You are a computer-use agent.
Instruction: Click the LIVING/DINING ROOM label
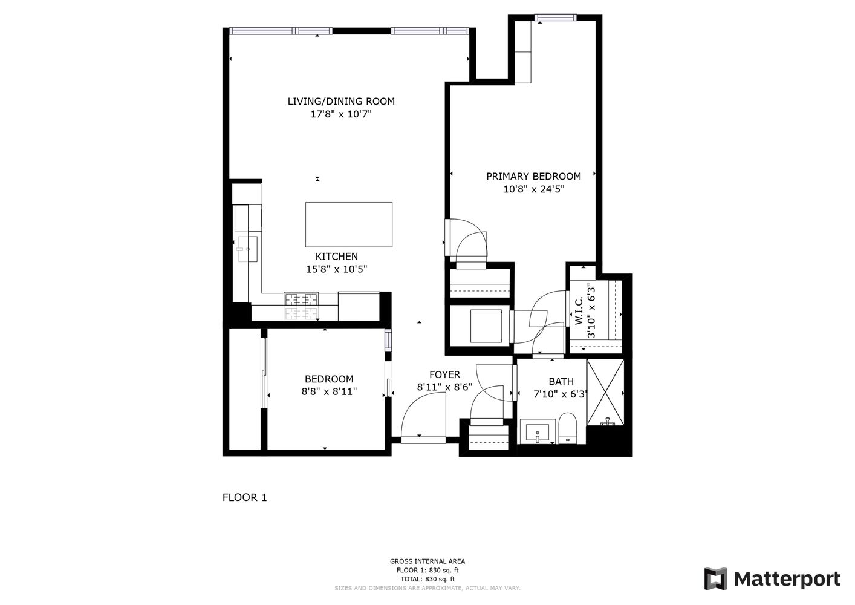click(x=340, y=101)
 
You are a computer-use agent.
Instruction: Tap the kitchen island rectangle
click(x=348, y=224)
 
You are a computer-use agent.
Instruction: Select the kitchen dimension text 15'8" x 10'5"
click(x=336, y=269)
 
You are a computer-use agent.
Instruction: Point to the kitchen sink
click(x=247, y=249)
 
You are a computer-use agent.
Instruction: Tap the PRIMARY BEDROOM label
click(x=533, y=176)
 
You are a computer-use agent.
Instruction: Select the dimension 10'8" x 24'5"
click(x=533, y=189)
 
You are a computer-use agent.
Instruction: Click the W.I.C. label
click(x=579, y=311)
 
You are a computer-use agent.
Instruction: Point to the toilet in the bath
click(x=568, y=428)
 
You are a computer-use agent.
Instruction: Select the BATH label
click(x=561, y=381)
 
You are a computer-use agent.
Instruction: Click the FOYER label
click(x=444, y=374)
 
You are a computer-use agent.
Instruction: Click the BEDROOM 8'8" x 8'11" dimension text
click(x=329, y=391)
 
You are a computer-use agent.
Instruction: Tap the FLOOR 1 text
click(x=244, y=497)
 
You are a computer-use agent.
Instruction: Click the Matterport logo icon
click(x=716, y=579)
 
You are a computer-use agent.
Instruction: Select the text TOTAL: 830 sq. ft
click(x=427, y=579)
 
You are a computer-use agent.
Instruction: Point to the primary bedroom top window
click(x=554, y=18)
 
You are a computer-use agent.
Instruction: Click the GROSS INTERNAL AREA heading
click(x=427, y=561)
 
